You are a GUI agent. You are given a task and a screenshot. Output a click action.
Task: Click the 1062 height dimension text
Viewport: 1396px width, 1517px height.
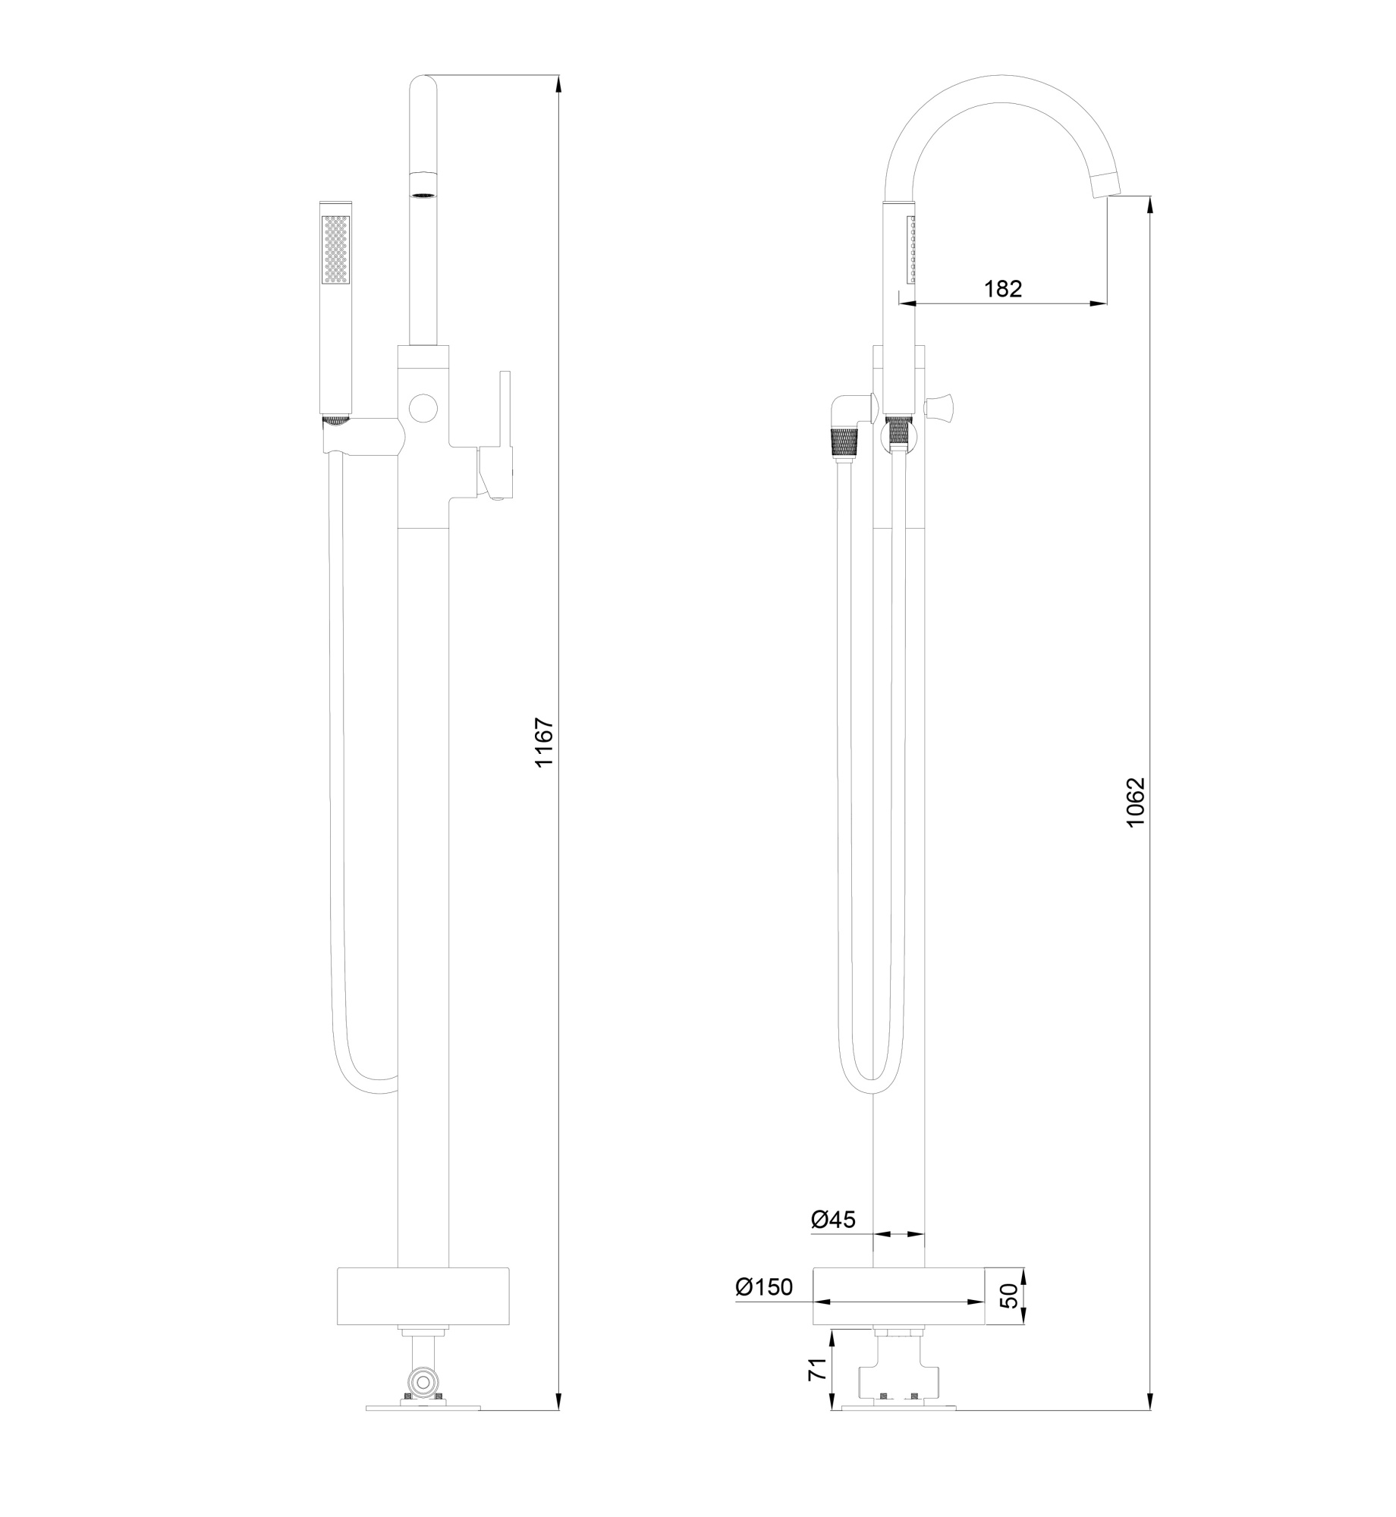[x=1136, y=802]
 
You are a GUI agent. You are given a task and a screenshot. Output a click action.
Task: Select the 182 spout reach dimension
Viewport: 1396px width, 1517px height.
[x=1003, y=288]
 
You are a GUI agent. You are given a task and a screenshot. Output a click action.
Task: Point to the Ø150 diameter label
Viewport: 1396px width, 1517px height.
[x=763, y=1286]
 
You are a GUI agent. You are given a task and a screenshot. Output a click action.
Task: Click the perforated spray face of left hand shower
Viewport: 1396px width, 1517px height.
[x=336, y=250]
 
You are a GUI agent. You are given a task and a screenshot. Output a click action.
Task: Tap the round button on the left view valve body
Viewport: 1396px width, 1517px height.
[x=423, y=408]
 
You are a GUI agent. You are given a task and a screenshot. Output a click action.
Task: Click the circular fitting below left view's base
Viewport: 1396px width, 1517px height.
[x=423, y=1377]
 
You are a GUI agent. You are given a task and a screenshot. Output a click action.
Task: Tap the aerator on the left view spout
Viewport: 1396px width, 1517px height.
[x=423, y=185]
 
